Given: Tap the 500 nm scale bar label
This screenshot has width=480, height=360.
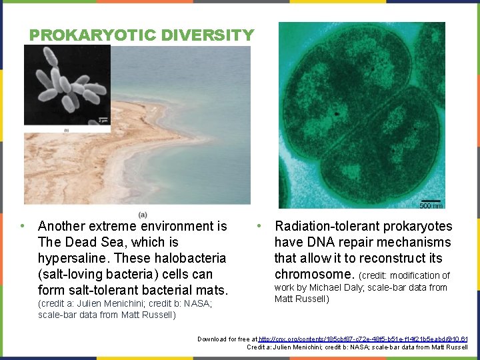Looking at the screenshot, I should click(x=431, y=205).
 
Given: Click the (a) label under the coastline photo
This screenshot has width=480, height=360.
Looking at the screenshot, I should click(x=143, y=214).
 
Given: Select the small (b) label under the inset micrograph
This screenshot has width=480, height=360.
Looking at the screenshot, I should click(x=66, y=131).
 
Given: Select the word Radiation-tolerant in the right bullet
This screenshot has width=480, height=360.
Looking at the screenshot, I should click(x=324, y=227).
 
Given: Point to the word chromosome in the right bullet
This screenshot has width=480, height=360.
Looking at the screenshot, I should click(x=315, y=274).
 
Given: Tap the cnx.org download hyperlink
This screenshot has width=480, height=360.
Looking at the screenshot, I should click(x=363, y=339).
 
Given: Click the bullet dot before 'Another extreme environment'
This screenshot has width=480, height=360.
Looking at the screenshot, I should click(x=23, y=226).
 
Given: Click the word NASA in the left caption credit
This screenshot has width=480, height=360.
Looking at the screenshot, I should click(x=197, y=303).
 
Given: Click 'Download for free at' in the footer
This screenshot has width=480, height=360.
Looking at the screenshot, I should click(x=227, y=339).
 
